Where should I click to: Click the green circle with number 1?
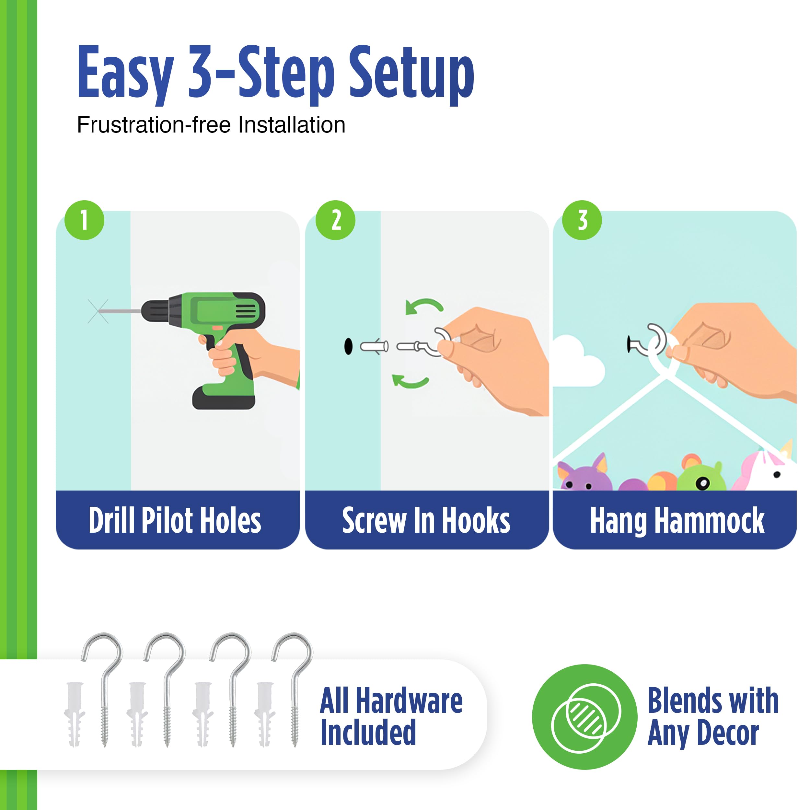(84, 220)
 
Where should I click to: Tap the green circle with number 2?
(335, 220)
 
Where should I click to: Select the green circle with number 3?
(582, 220)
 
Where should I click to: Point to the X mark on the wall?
(98, 311)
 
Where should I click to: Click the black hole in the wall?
(348, 346)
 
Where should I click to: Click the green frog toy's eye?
(703, 483)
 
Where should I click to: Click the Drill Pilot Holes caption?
(175, 520)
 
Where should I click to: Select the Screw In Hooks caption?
(426, 520)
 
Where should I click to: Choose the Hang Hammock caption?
(677, 521)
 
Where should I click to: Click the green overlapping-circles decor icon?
(584, 717)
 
